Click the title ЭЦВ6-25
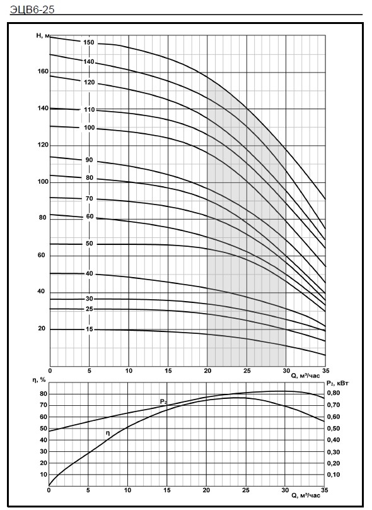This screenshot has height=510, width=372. click(x=32, y=9)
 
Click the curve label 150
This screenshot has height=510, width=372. click(x=88, y=43)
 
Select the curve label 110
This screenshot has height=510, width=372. click(x=90, y=110)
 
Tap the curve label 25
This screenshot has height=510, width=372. click(x=89, y=309)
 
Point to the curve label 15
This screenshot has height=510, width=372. click(x=90, y=329)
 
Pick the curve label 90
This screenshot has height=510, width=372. click(x=89, y=160)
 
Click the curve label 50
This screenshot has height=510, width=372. click(x=89, y=244)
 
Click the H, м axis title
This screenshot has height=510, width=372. click(x=43, y=36)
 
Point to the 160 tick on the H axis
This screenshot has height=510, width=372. click(x=43, y=71)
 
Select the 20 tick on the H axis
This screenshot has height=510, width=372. click(x=42, y=328)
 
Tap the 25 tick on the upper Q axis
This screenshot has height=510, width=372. click(x=247, y=371)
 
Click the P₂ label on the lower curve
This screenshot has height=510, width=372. click(x=163, y=401)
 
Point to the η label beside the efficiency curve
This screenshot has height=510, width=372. click(x=108, y=433)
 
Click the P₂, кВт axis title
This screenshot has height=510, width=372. click(x=337, y=383)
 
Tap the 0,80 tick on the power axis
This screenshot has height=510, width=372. click(x=334, y=393)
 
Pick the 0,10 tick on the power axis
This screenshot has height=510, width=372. click(x=334, y=475)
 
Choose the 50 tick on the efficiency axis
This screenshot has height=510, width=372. click(x=44, y=429)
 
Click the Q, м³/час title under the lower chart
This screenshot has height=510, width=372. click(x=305, y=495)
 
